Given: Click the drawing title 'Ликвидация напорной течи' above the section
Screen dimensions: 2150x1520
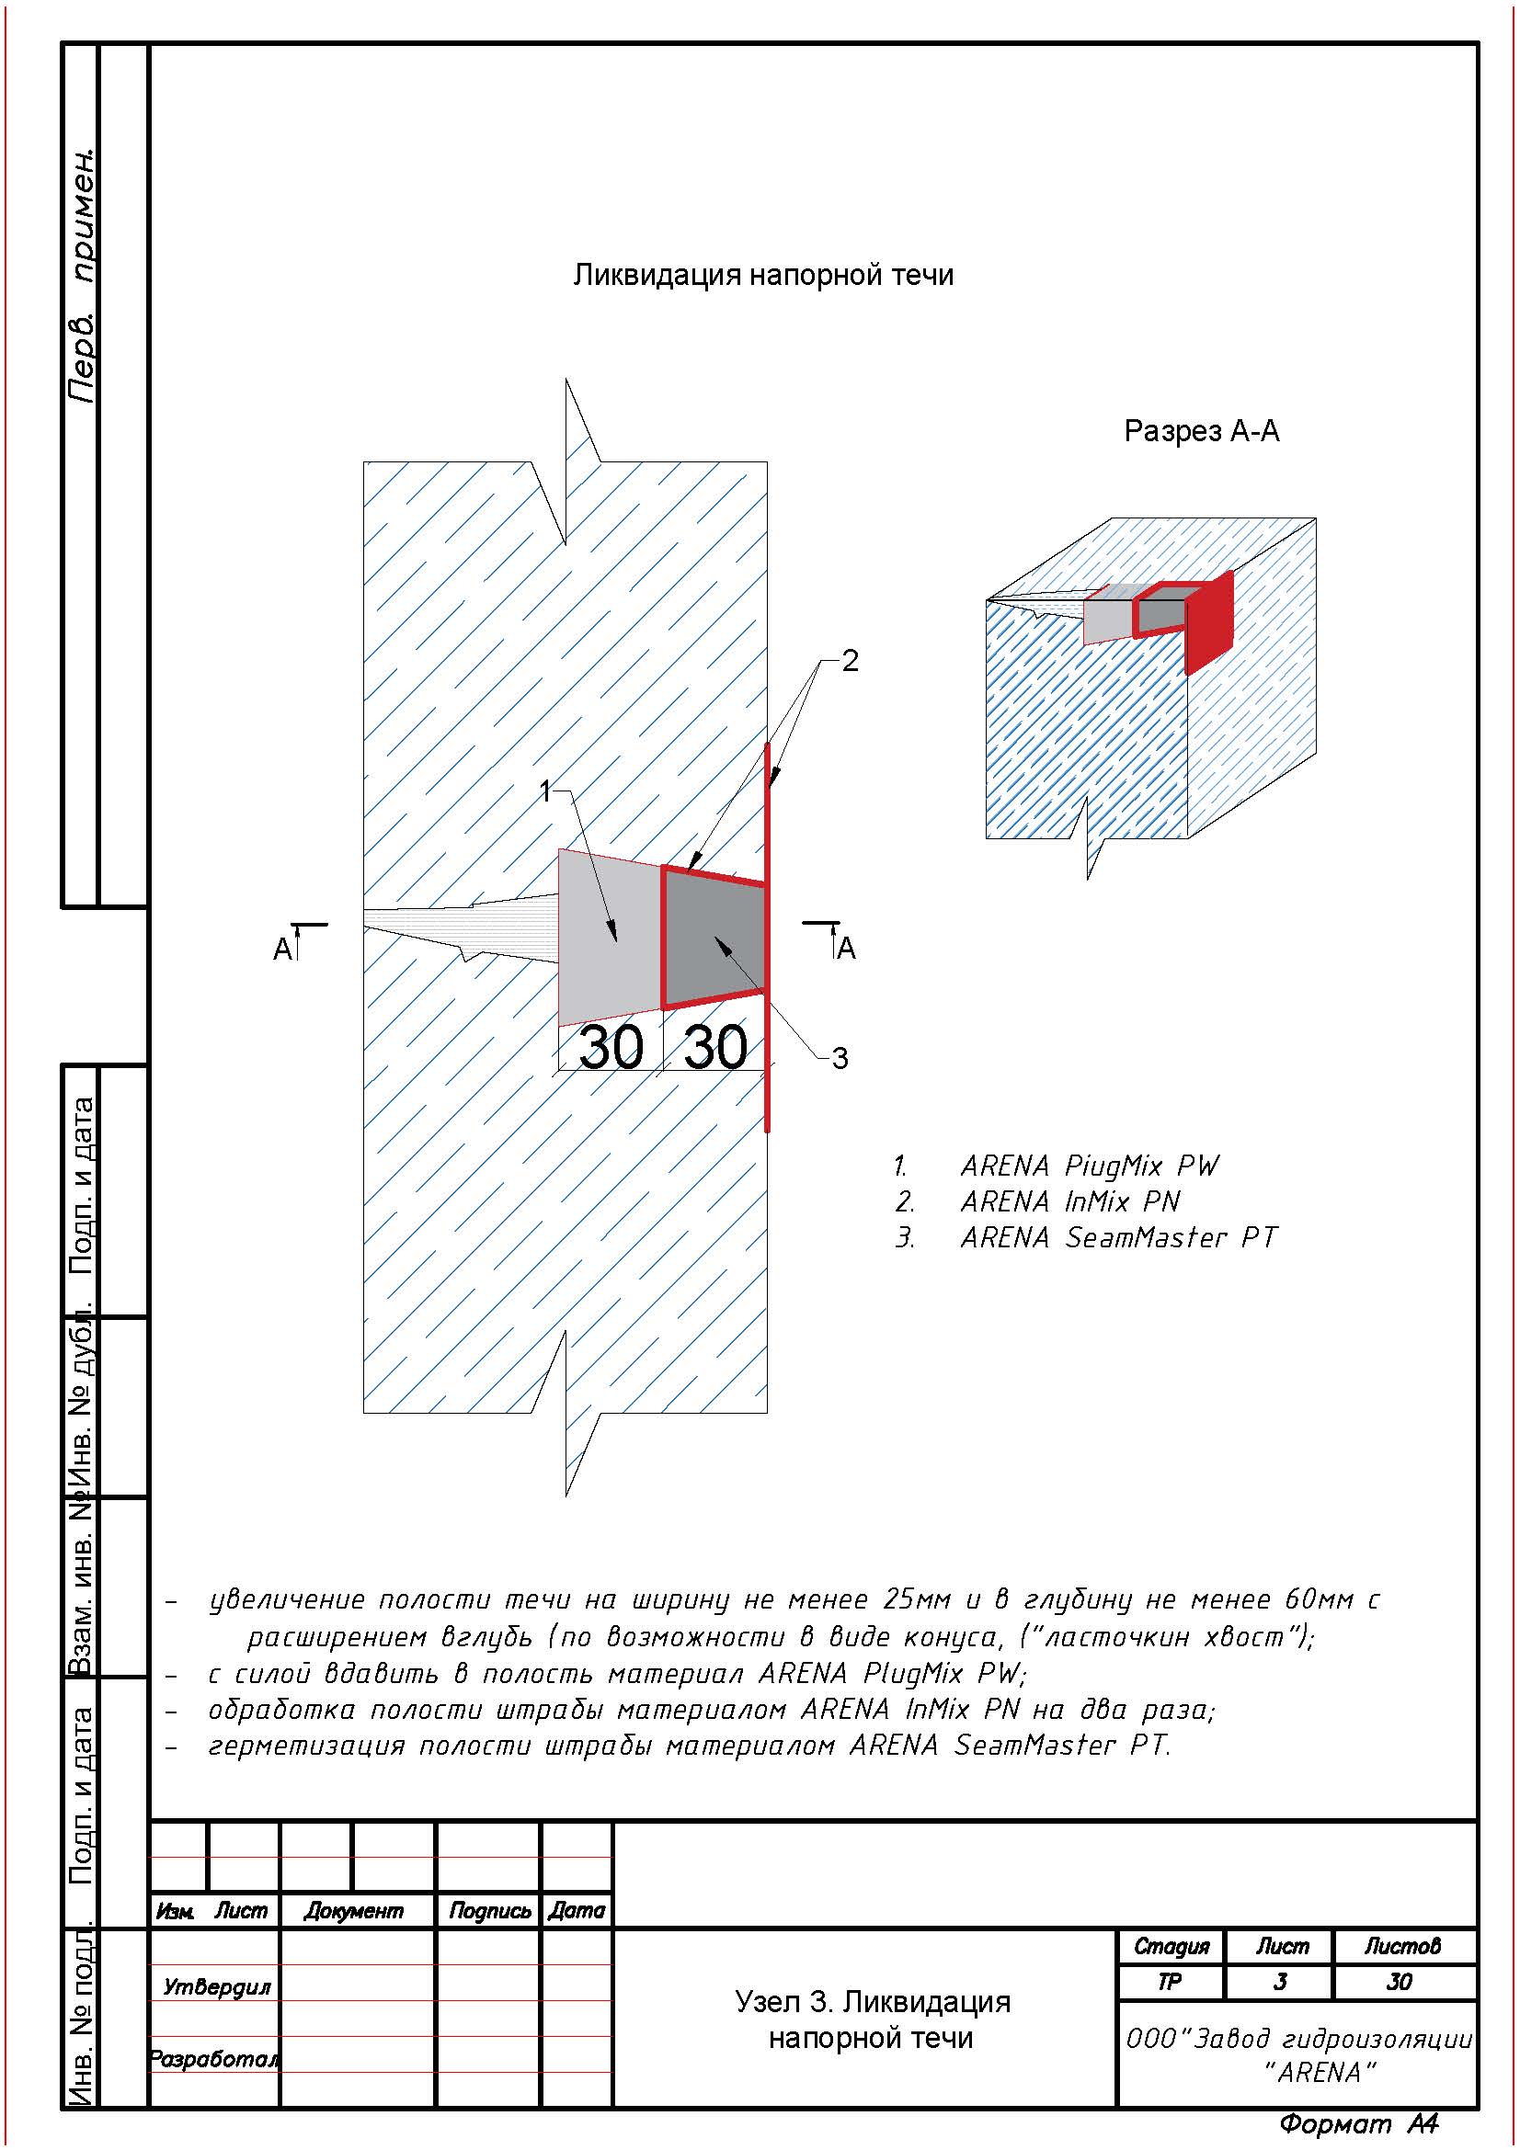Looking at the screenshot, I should tap(763, 276).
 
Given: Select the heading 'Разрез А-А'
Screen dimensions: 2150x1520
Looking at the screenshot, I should tap(1201, 431).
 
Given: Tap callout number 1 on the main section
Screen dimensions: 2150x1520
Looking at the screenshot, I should tap(546, 792).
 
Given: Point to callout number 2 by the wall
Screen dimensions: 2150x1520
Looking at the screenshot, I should tap(850, 661).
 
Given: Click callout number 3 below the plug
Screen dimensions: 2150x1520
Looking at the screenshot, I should tap(840, 1058).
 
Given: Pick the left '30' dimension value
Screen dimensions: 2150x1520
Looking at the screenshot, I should tap(611, 1047).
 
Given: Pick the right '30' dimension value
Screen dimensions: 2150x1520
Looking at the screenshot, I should tap(714, 1047).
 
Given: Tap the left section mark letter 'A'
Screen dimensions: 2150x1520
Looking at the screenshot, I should tap(281, 950).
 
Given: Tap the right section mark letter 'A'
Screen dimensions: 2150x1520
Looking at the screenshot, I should tap(847, 949).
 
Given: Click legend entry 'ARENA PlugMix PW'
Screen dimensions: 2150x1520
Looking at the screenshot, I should tap(1091, 1166).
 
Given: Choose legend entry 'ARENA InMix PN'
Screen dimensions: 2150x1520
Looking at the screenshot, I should tap(1070, 1201).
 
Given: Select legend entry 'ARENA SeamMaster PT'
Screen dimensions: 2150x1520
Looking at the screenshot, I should tap(1118, 1237).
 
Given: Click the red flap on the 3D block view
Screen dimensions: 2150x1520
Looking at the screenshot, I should tap(1209, 622).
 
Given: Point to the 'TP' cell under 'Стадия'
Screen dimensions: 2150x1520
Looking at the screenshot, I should tap(1170, 1982).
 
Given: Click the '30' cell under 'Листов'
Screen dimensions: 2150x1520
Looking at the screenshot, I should tap(1400, 1982).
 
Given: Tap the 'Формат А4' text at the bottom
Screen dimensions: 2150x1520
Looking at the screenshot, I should tap(1358, 2123).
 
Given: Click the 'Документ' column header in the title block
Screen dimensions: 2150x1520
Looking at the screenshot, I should tap(353, 1911).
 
